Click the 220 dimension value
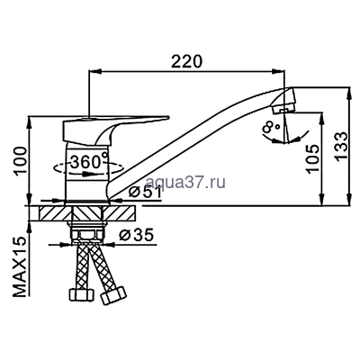click(x=186, y=61)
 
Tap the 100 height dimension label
click(x=22, y=160)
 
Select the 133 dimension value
click(x=341, y=147)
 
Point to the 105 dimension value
click(x=312, y=159)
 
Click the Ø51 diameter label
click(x=145, y=193)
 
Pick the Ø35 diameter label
click(x=136, y=235)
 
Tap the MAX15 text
click(x=20, y=266)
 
